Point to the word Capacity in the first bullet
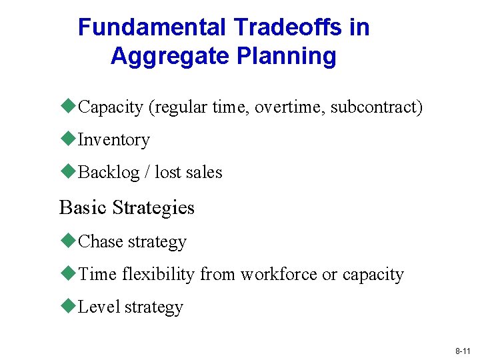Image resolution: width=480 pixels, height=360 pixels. tap(111, 107)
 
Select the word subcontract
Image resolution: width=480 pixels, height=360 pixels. tap(377, 107)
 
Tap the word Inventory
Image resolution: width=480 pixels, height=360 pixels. tap(113, 140)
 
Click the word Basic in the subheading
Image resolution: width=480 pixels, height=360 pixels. tap(83, 207)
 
